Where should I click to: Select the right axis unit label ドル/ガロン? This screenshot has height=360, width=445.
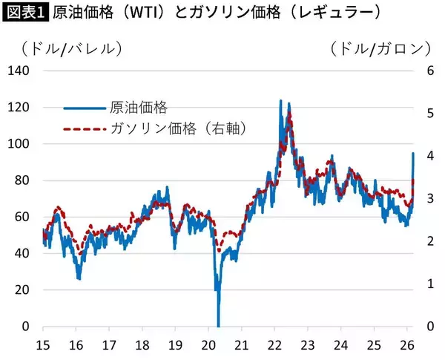click(380, 48)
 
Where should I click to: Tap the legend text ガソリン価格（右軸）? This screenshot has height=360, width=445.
click(178, 128)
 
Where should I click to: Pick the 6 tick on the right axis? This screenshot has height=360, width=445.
click(425, 71)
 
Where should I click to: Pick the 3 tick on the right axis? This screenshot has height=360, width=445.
click(425, 199)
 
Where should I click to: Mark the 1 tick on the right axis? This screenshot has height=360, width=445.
click(425, 284)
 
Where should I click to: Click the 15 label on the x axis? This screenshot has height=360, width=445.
click(44, 344)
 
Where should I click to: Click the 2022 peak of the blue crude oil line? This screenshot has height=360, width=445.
click(280, 100)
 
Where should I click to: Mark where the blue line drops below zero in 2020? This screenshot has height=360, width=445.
click(218, 324)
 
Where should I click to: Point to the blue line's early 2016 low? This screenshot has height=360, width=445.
click(79, 278)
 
